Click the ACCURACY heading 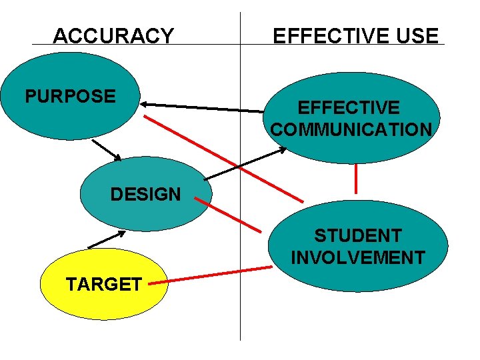click(x=113, y=35)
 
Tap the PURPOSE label click(x=70, y=97)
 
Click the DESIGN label click(x=145, y=195)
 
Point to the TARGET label click(x=103, y=285)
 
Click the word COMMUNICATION click(x=351, y=129)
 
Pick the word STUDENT click(x=358, y=236)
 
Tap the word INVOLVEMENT click(x=358, y=257)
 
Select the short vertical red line click(x=356, y=179)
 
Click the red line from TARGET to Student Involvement click(x=210, y=277)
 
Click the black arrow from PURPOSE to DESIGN click(x=107, y=150)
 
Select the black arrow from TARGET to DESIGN click(x=107, y=239)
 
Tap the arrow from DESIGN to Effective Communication click(x=245, y=163)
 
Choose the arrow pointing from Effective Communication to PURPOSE click(x=203, y=107)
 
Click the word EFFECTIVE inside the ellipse click(x=349, y=108)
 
